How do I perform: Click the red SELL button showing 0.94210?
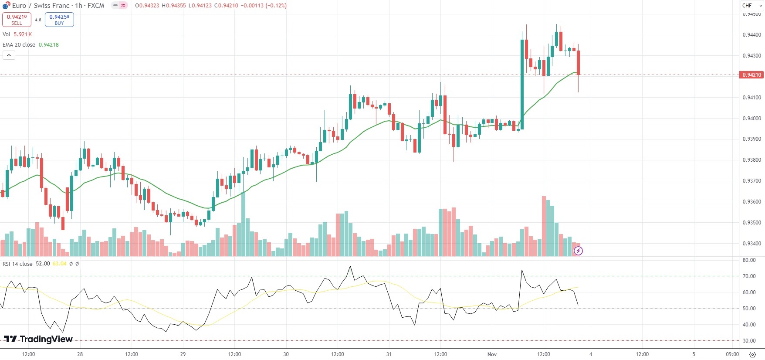coord(17,20)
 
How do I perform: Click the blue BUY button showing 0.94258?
coord(59,20)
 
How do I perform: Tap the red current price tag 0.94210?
coord(751,75)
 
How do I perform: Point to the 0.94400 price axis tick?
coord(751,35)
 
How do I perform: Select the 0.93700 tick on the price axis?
coord(751,181)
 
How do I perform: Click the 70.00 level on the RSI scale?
coord(749,276)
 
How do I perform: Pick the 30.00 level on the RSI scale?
coord(749,341)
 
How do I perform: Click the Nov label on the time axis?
coord(492,354)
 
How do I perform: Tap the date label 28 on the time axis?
coord(80,354)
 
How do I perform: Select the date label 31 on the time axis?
coord(389,354)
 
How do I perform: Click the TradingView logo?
coord(38,339)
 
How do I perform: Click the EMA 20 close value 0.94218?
coord(49,45)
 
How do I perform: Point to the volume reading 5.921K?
coord(23,34)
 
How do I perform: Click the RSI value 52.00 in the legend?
coord(43,264)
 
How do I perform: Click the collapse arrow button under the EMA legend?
coord(9,55)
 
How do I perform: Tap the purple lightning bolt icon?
coord(578,251)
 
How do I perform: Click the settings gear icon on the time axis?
coord(752,354)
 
